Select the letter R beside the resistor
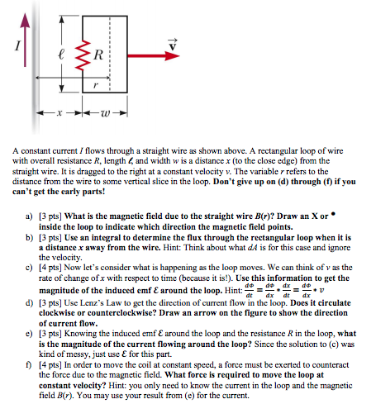(x=98, y=56)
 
